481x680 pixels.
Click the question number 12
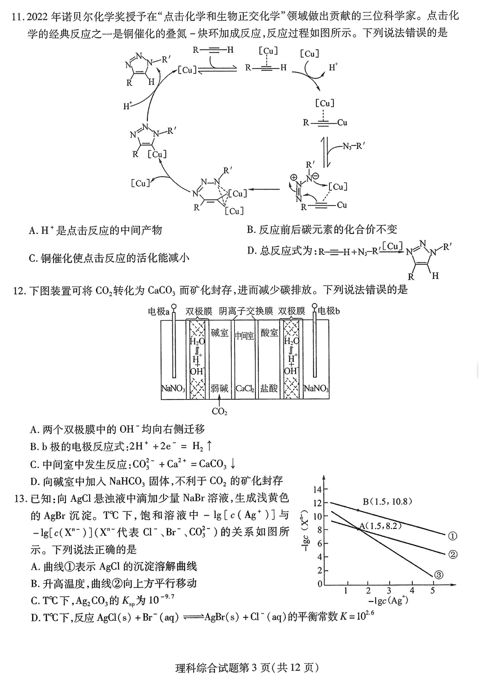[19, 291]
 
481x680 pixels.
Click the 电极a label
[158, 311]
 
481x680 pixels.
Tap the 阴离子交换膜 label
[246, 311]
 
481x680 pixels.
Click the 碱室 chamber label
[219, 333]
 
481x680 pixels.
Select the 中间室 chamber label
[245, 336]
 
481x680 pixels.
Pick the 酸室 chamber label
[269, 333]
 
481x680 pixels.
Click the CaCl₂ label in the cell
[245, 389]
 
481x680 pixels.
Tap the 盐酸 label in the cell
[269, 388]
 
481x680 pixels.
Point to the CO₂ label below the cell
[220, 412]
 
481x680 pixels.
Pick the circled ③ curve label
[439, 575]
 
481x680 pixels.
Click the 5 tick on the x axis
[433, 591]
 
